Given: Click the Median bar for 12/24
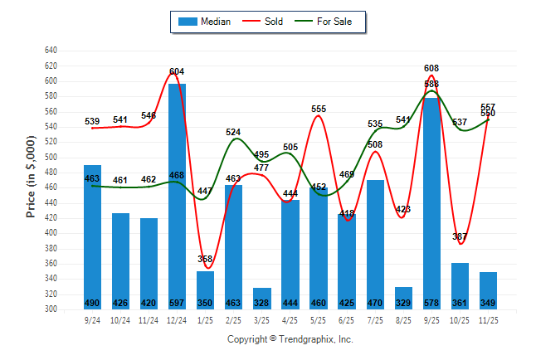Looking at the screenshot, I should (x=177, y=191).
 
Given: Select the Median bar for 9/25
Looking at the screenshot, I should (x=431, y=199).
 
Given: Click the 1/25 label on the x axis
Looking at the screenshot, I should (x=205, y=320).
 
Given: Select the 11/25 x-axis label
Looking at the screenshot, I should (x=487, y=320).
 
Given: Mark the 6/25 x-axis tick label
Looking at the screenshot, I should (x=346, y=320).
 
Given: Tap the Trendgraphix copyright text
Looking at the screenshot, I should (x=290, y=339).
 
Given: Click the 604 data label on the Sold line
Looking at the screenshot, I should (x=177, y=71).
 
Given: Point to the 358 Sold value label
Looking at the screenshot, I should (x=205, y=259).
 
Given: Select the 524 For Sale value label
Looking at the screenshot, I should (x=233, y=132).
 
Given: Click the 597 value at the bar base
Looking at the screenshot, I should (x=177, y=303).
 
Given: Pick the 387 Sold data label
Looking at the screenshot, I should (x=459, y=236).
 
